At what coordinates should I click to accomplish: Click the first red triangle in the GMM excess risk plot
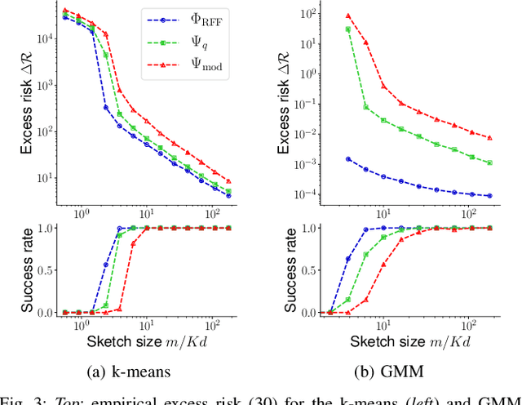(x=348, y=16)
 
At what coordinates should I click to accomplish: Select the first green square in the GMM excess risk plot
(x=348, y=29)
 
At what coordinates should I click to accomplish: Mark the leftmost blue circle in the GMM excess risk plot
(x=348, y=159)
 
